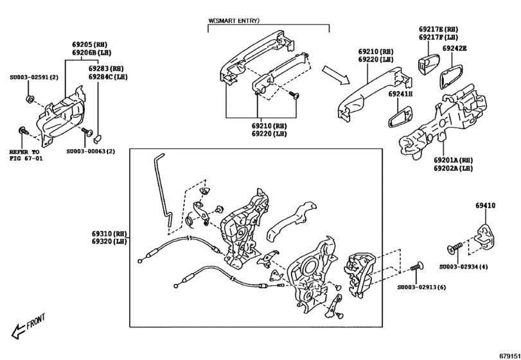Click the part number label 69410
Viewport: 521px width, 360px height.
pos(485,206)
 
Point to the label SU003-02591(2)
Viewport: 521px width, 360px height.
pos(33,78)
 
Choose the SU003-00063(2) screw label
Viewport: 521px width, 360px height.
pos(91,152)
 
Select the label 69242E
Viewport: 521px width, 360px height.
pos(454,48)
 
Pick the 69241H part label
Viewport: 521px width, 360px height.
pos(400,94)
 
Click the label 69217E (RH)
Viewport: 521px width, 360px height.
pos(438,30)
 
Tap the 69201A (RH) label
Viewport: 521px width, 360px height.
pos(453,159)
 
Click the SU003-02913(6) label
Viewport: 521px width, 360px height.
pos(421,287)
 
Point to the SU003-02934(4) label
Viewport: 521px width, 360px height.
pos(464,266)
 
